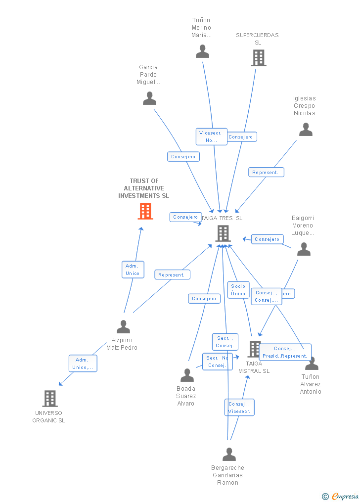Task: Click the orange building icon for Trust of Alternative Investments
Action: pyautogui.click(x=145, y=211)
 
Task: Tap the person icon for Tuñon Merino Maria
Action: pyautogui.click(x=202, y=51)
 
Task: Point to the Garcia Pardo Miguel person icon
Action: pyautogui.click(x=149, y=98)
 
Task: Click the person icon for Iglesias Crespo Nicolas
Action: pyautogui.click(x=306, y=130)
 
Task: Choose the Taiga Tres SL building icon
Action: pyautogui.click(x=223, y=233)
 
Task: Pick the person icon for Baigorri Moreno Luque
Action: pyautogui.click(x=304, y=249)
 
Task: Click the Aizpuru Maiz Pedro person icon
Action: pyautogui.click(x=123, y=326)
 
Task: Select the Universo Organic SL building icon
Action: pyautogui.click(x=50, y=398)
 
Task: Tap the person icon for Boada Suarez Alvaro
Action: pyautogui.click(x=187, y=375)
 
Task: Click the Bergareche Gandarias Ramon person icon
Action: pyautogui.click(x=229, y=454)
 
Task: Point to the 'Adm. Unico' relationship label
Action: pyautogui.click(x=133, y=270)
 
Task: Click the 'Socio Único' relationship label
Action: pyautogui.click(x=238, y=290)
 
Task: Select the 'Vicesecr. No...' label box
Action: pyautogui.click(x=211, y=137)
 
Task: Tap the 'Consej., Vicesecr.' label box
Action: pyautogui.click(x=239, y=408)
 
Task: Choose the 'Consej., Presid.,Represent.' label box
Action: pyautogui.click(x=285, y=352)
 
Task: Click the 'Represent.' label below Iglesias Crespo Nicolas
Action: pyautogui.click(x=266, y=173)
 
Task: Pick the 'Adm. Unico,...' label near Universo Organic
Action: pyautogui.click(x=83, y=364)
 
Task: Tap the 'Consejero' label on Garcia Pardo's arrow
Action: pyautogui.click(x=183, y=157)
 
